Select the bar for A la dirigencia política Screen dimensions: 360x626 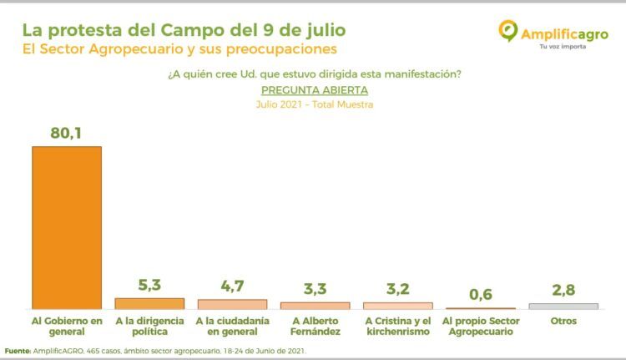point(149,304)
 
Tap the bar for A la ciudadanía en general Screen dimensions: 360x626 point(232,304)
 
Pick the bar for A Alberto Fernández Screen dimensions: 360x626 point(315,306)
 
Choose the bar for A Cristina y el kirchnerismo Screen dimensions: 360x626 point(397,306)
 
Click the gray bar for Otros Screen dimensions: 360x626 point(563,306)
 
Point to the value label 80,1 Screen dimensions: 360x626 point(66,131)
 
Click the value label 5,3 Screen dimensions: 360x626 point(149,285)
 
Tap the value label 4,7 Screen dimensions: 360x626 point(232,286)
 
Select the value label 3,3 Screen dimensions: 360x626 point(315,290)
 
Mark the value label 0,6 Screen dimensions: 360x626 point(480,295)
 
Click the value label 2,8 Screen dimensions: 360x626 point(563,291)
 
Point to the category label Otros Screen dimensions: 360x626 point(563,320)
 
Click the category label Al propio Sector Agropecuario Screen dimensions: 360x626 point(480,326)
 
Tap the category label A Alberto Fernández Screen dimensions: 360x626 point(315,326)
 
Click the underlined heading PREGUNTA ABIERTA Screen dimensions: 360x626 point(314,89)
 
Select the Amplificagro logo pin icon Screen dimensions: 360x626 point(507,31)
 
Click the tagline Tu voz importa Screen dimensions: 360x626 point(563,46)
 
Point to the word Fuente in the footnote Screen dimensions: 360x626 point(18,351)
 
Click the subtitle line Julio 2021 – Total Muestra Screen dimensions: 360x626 point(314,104)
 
